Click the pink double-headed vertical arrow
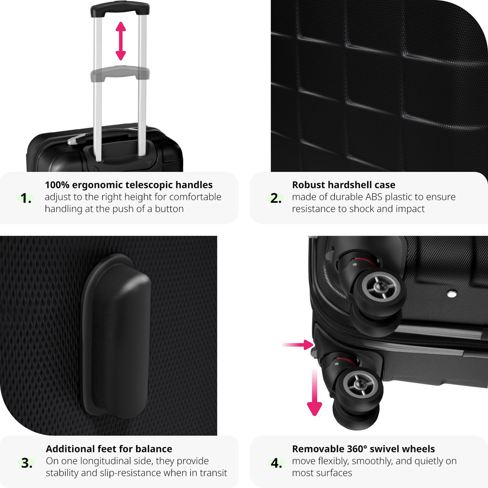point(121,41)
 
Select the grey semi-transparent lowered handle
point(120,73)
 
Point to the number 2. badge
point(276,198)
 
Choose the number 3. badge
point(26,463)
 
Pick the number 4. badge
point(276,463)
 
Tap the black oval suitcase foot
point(116,335)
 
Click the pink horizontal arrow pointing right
point(298,345)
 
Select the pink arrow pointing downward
point(315,392)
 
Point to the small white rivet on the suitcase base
point(451,293)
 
